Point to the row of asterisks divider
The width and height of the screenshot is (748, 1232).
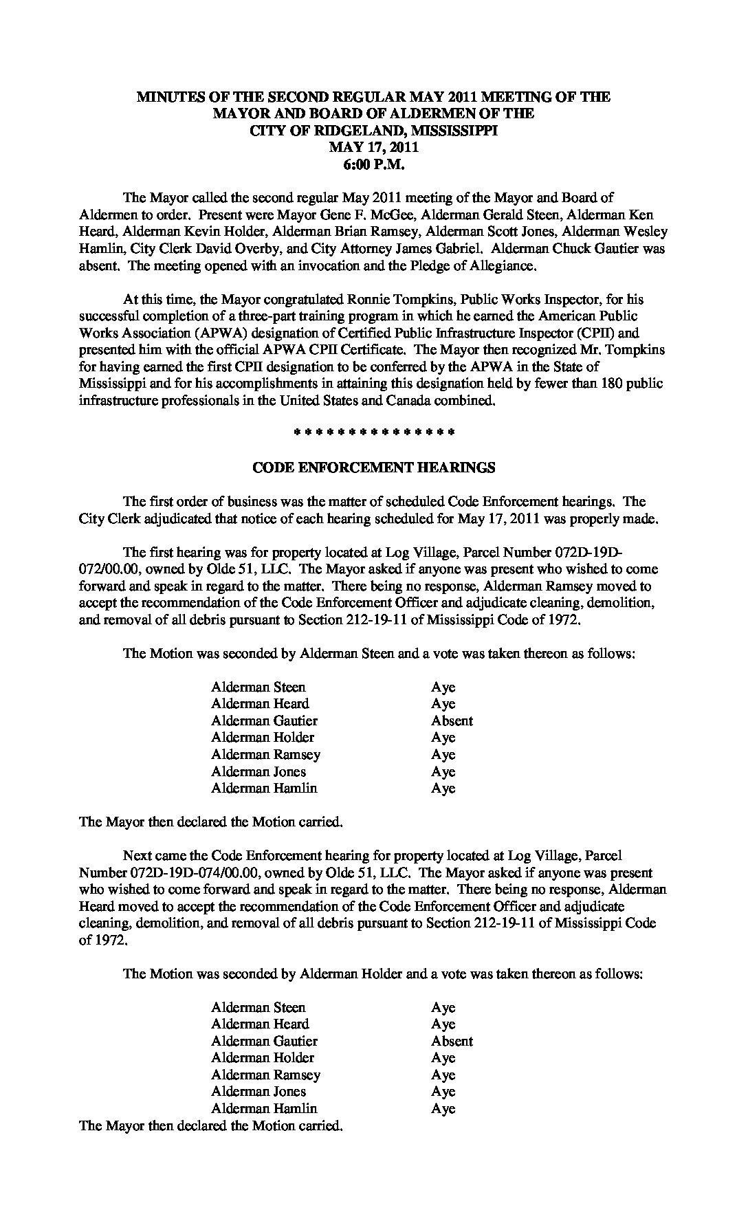pos(373,433)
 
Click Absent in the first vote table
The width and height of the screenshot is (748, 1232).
pos(452,720)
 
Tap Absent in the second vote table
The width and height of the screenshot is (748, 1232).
pos(452,1041)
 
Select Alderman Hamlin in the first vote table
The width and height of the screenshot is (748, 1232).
pos(264,789)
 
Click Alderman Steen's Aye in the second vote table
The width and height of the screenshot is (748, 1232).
pos(443,1007)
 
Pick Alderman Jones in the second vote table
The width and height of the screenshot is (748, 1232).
pos(258,1091)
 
